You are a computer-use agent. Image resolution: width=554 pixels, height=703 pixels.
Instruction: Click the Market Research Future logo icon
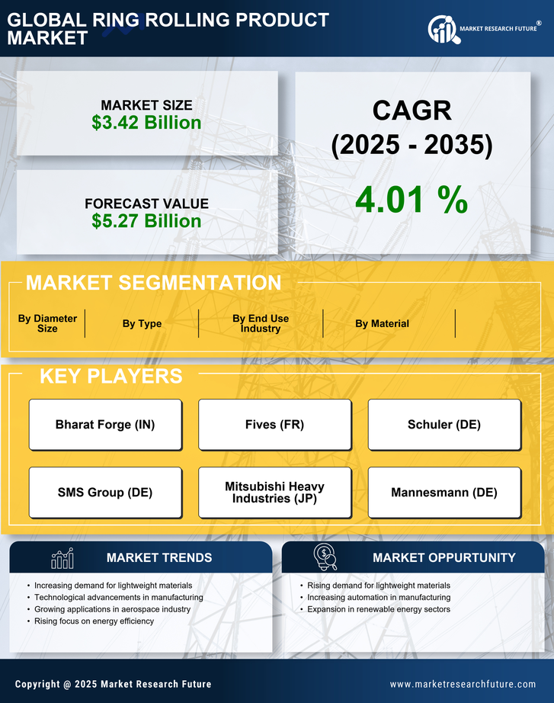(443, 29)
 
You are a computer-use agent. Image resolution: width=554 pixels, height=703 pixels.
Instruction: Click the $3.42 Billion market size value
(146, 123)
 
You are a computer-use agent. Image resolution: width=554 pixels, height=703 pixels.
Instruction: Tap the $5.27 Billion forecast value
(146, 221)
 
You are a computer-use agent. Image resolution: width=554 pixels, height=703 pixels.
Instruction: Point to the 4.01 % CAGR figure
(411, 200)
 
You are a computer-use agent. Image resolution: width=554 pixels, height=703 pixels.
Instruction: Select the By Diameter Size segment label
(47, 323)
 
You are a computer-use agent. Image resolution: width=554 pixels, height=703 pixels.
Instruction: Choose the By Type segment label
(142, 323)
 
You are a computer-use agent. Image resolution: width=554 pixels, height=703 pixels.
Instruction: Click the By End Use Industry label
(261, 323)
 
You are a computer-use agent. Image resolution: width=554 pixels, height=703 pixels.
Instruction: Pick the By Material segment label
(382, 323)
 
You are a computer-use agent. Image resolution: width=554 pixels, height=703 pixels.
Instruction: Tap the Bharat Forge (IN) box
(105, 425)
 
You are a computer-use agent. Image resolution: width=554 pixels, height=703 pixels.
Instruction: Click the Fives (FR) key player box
(275, 425)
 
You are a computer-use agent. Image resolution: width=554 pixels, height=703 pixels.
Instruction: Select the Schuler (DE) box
(444, 425)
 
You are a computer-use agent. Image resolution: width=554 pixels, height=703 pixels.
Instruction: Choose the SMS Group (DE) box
(105, 493)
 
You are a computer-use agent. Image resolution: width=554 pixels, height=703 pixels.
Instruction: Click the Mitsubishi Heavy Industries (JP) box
(275, 493)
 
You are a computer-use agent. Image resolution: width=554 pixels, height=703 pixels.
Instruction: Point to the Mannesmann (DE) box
(444, 493)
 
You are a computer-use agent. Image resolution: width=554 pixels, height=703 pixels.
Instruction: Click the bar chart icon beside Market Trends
(62, 558)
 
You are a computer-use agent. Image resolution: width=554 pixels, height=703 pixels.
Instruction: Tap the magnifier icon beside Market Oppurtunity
(325, 557)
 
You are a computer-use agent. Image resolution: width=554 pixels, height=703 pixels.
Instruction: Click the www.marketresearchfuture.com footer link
(463, 684)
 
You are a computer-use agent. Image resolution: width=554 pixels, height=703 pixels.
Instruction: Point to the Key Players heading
(110, 376)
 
